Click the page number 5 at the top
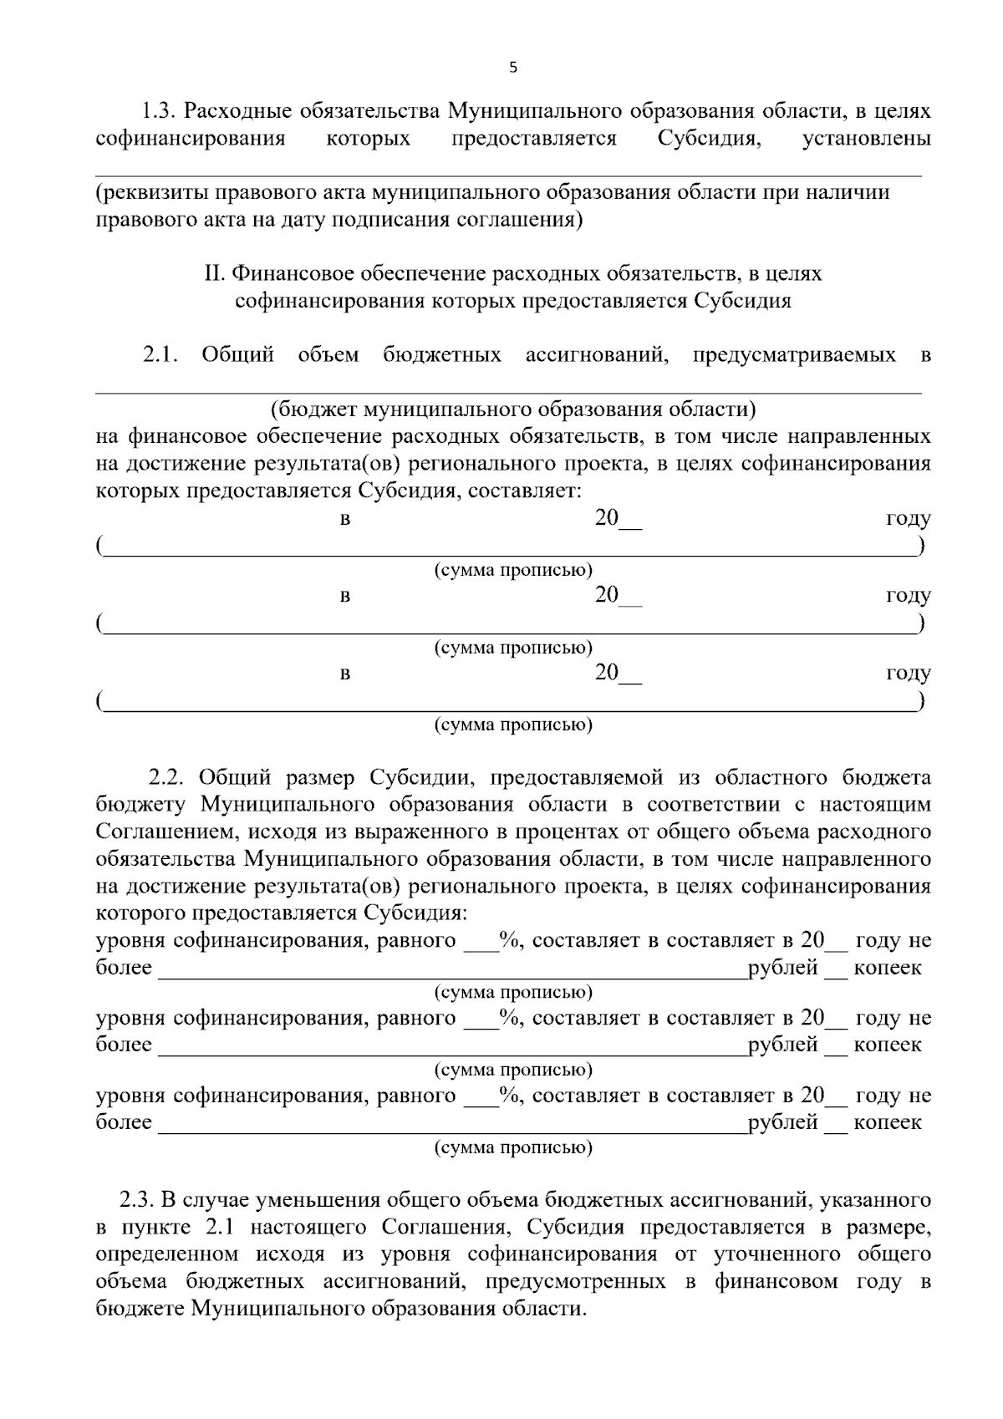coord(512,69)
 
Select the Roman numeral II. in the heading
coord(215,273)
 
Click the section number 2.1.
coord(160,355)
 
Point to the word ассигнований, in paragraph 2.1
coord(596,355)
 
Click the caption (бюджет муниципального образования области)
coord(512,409)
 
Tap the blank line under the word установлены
coord(508,175)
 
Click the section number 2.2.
coord(165,778)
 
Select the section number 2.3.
coord(136,1201)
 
